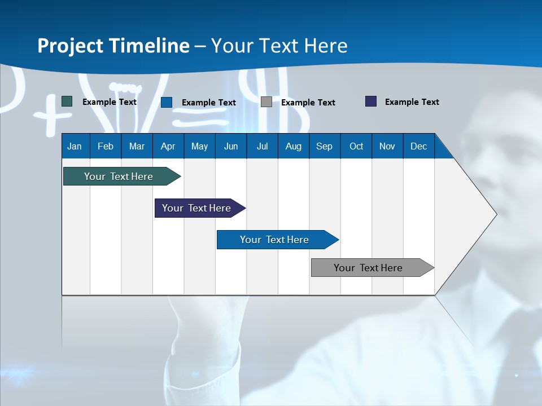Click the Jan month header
click(x=75, y=147)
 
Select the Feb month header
click(x=106, y=147)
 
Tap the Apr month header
click(x=168, y=147)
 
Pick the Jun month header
click(x=231, y=147)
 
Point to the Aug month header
click(x=293, y=147)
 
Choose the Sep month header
click(x=324, y=147)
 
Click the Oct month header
click(x=356, y=147)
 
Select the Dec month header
click(x=418, y=147)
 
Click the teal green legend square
click(x=67, y=101)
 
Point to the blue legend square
click(x=167, y=102)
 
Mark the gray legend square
click(x=266, y=102)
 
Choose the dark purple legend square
click(x=371, y=101)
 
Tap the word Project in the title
click(x=70, y=46)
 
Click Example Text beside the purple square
click(x=412, y=102)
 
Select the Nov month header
click(x=387, y=147)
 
